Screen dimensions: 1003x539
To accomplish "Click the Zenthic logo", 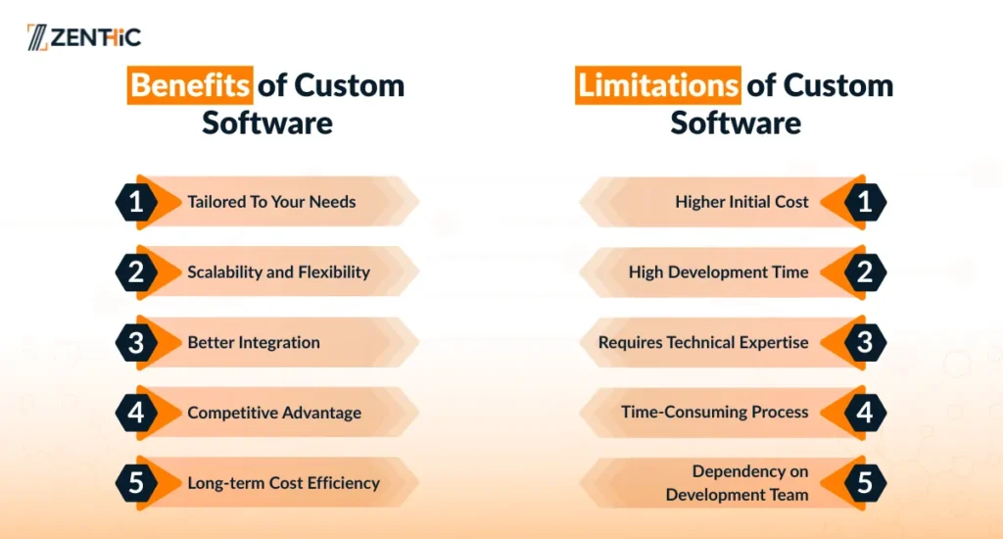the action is point(84,37).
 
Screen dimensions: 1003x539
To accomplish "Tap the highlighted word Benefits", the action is point(190,85).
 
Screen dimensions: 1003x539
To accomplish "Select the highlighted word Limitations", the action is point(657,85).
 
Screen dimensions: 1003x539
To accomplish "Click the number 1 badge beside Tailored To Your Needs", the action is point(136,202).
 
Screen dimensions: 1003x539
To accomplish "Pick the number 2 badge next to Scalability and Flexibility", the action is point(136,272).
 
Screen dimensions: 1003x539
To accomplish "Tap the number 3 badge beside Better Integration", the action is point(136,343).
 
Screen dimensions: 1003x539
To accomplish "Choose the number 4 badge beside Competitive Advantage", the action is point(136,413).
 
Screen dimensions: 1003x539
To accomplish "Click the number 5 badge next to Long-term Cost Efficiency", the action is point(136,483).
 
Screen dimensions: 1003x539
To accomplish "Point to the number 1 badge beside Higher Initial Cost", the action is point(865,202).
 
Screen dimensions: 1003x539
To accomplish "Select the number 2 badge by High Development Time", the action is point(865,272).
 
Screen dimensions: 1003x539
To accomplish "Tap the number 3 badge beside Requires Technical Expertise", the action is point(865,343).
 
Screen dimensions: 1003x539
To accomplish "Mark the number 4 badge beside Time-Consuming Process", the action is point(865,413).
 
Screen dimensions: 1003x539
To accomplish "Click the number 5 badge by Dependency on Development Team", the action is point(865,483).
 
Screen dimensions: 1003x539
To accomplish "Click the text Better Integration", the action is point(254,342).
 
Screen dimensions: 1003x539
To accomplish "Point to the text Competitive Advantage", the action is point(274,413).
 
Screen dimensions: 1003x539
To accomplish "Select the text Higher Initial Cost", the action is point(742,202).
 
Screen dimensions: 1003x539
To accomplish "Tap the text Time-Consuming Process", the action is point(714,412).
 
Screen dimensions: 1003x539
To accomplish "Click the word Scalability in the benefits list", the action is point(224,272).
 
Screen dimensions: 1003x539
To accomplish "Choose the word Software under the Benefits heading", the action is point(267,122).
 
